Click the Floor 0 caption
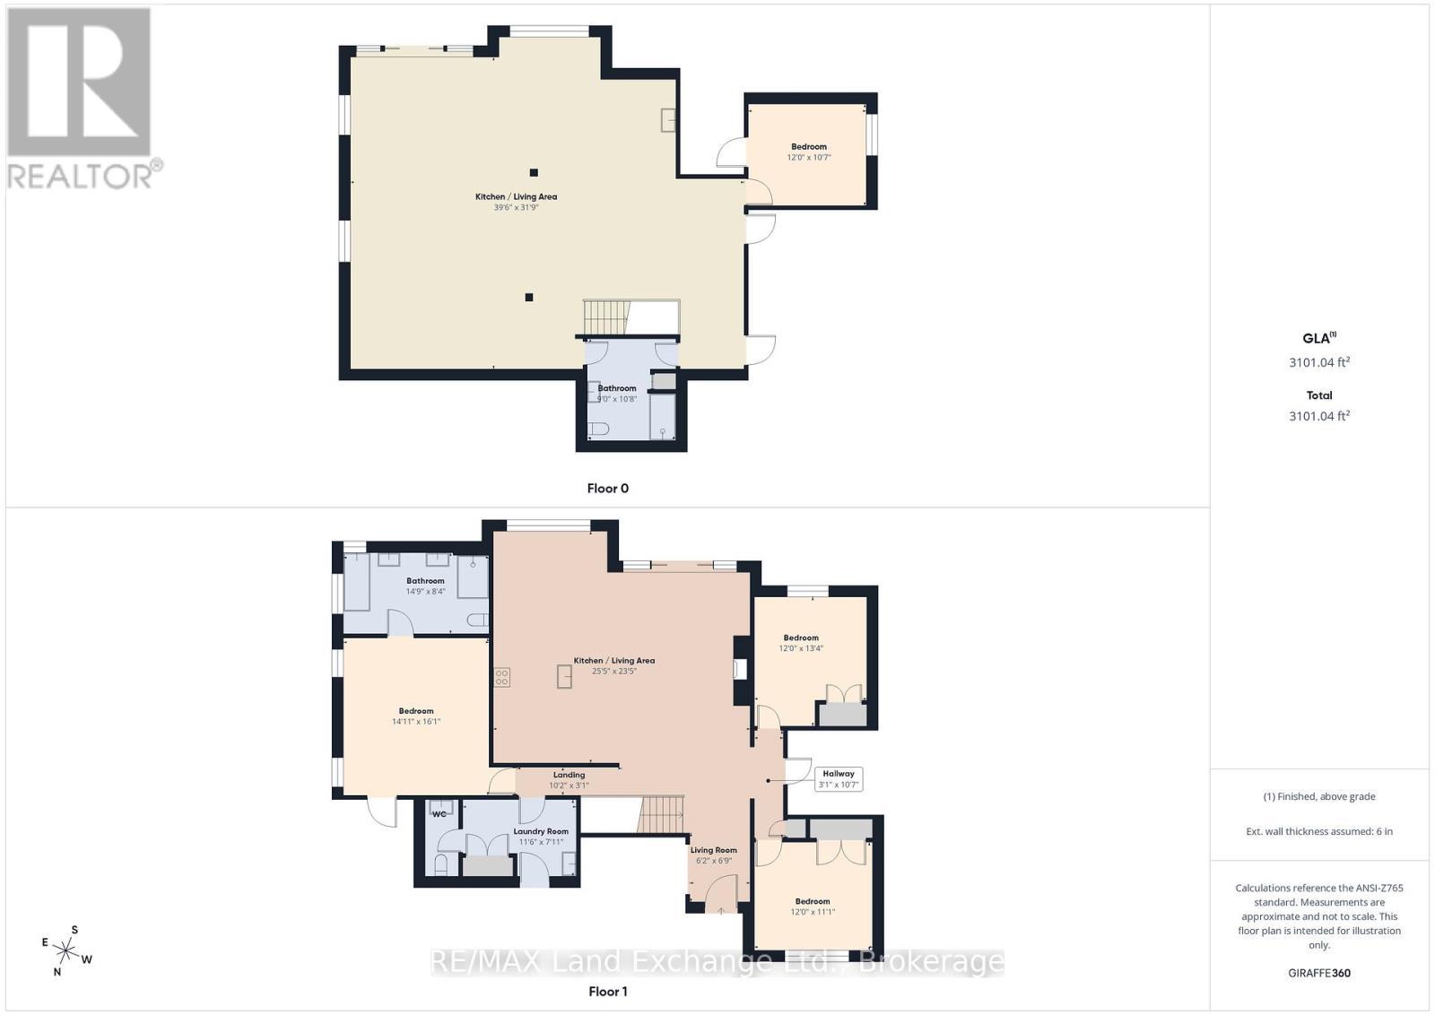click(607, 489)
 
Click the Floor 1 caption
click(607, 991)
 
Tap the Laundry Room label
click(541, 831)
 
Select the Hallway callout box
click(839, 778)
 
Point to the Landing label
click(569, 775)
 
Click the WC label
click(439, 814)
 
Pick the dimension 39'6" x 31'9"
click(516, 208)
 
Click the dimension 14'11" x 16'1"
click(416, 722)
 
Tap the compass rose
click(65, 950)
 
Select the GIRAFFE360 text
click(1318, 973)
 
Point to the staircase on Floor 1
click(661, 815)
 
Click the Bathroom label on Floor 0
click(617, 388)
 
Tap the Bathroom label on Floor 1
click(425, 581)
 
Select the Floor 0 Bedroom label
click(808, 147)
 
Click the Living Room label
click(713, 850)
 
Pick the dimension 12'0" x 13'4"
click(801, 648)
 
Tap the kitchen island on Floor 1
click(564, 676)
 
